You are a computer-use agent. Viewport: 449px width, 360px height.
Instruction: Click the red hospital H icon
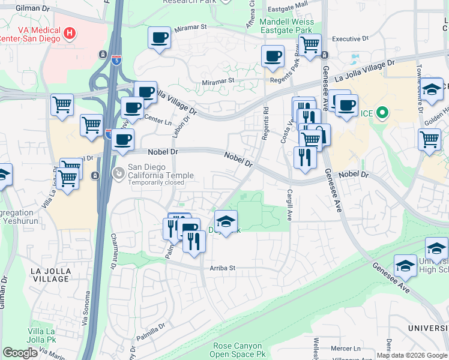(70, 32)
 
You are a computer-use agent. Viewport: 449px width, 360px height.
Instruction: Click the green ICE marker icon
(381, 112)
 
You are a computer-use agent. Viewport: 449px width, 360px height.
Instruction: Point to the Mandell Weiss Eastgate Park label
(286, 26)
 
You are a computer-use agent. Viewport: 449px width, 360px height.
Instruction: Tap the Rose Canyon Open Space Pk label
(237, 350)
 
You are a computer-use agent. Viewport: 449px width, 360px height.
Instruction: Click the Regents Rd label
(265, 124)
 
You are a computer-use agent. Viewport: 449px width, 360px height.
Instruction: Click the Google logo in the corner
(20, 353)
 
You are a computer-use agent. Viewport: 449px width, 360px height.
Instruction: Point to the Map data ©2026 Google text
(411, 355)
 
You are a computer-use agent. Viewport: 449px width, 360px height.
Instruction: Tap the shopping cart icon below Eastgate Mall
(310, 44)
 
